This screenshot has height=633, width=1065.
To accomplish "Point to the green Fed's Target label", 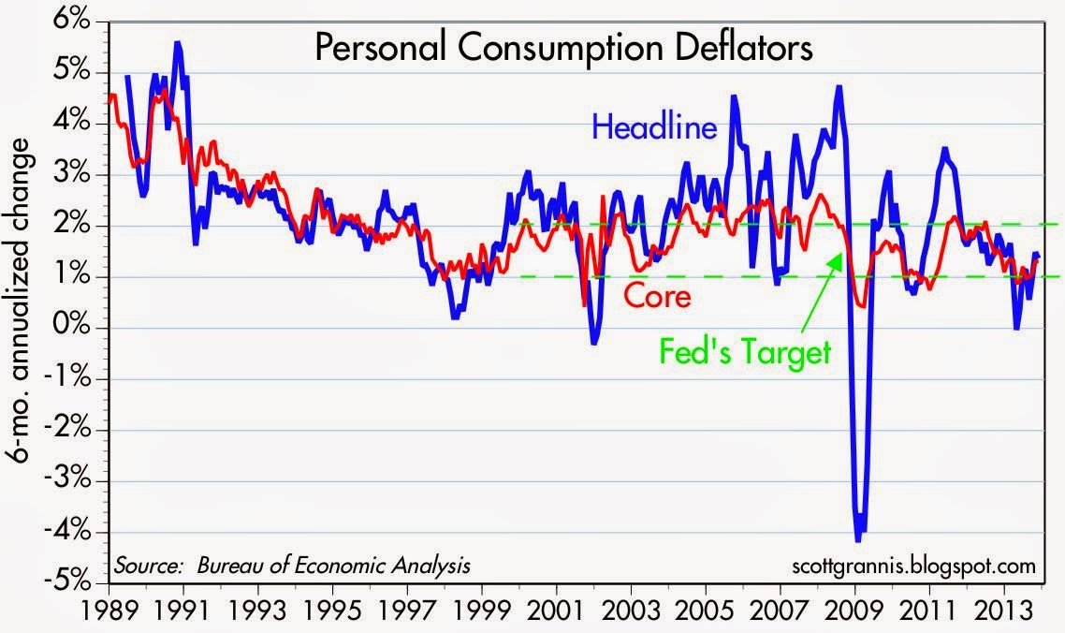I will [x=746, y=353].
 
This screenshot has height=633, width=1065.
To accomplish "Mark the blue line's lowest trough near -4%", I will [x=858, y=538].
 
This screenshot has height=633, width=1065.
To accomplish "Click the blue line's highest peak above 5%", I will [x=177, y=43].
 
